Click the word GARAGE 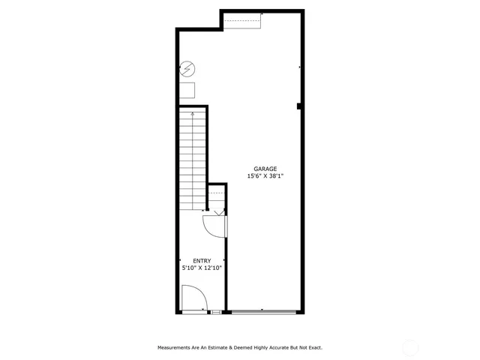click(265, 169)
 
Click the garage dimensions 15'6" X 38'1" click(265, 176)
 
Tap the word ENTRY click(202, 260)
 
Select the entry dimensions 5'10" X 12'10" click(202, 267)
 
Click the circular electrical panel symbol click(187, 70)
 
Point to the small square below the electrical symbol click(187, 90)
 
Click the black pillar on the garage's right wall click(299, 106)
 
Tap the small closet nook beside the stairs click(217, 196)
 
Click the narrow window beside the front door click(216, 310)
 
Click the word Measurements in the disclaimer click(176, 347)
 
